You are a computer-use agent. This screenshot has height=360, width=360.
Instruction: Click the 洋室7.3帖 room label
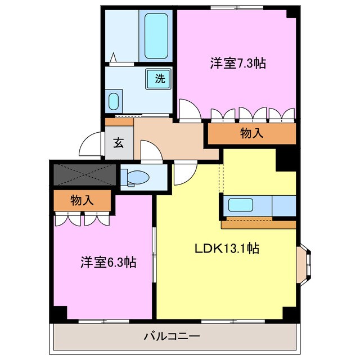tap(238, 64)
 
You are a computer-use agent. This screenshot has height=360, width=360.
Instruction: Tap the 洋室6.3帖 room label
tap(109, 262)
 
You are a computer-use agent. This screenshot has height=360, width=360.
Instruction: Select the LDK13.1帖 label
tap(227, 247)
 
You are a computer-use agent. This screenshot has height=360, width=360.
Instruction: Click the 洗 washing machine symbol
tap(159, 79)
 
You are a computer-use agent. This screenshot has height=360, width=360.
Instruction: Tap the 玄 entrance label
tap(119, 142)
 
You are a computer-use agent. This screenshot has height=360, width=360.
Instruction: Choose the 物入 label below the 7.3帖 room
tap(251, 133)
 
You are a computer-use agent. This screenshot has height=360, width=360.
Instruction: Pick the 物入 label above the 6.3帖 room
tap(82, 199)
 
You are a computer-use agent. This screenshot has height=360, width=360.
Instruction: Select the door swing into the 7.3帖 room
tap(189, 109)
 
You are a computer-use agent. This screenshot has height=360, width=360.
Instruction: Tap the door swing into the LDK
tap(183, 173)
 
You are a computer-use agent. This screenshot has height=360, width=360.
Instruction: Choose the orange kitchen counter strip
tap(258, 225)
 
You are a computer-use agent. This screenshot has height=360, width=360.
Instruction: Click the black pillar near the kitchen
tap(285, 159)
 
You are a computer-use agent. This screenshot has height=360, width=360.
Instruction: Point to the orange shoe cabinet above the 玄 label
tap(119, 121)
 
